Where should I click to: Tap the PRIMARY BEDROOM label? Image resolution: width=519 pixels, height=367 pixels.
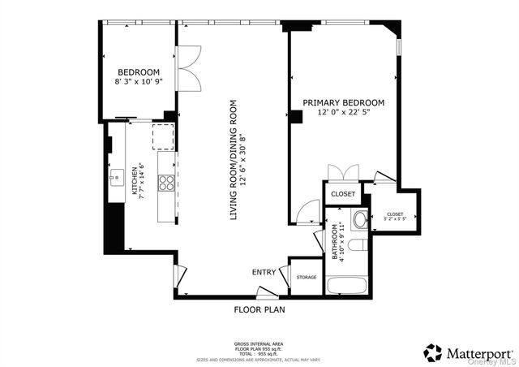343,103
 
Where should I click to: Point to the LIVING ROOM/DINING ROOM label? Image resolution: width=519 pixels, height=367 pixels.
234,160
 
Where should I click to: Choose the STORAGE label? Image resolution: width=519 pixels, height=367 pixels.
306,278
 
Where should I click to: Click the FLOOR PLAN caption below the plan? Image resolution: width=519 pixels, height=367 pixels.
259,309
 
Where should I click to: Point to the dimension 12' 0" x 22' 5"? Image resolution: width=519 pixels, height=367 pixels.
343,114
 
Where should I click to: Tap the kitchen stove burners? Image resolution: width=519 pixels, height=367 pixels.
166,183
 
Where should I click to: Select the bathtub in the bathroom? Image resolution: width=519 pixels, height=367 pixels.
347,285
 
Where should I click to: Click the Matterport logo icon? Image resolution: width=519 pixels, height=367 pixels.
433,352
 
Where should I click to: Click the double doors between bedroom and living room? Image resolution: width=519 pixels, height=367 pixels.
188,69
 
